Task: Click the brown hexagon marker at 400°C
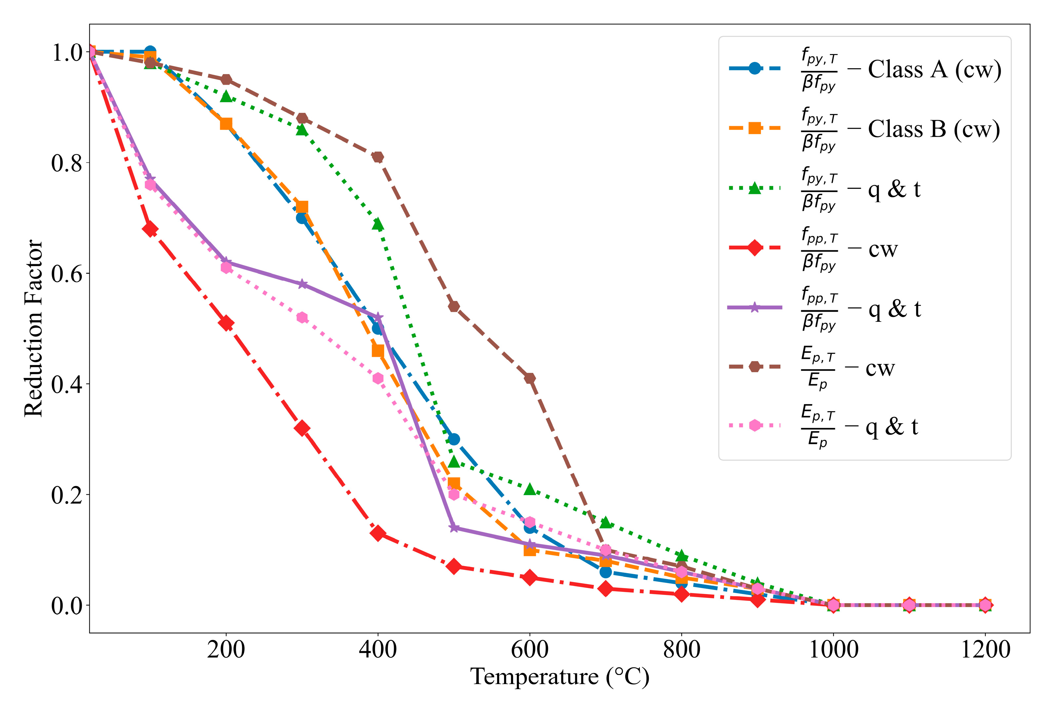(x=378, y=157)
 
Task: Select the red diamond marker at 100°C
(x=150, y=229)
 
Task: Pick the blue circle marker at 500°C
(x=454, y=439)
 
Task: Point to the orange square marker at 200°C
(x=226, y=124)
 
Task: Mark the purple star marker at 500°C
(x=454, y=527)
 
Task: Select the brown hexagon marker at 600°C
(x=530, y=378)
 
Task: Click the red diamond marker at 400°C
(x=378, y=533)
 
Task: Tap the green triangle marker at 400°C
(x=378, y=224)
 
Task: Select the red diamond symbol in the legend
(x=755, y=247)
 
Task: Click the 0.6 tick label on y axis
(x=67, y=274)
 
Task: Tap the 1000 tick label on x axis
(x=834, y=650)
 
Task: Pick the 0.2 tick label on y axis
(x=67, y=495)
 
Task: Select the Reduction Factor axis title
(x=34, y=329)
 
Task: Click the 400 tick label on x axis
(x=378, y=650)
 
